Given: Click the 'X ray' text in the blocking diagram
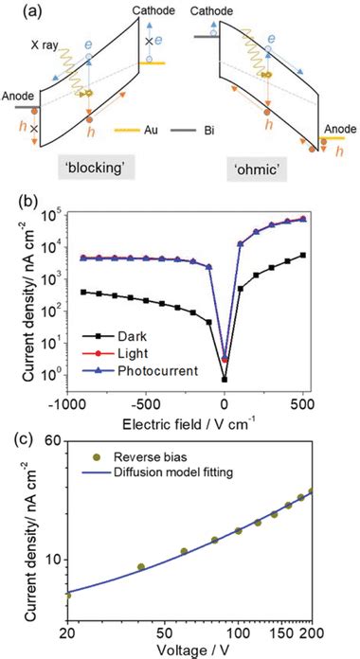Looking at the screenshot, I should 45,45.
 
